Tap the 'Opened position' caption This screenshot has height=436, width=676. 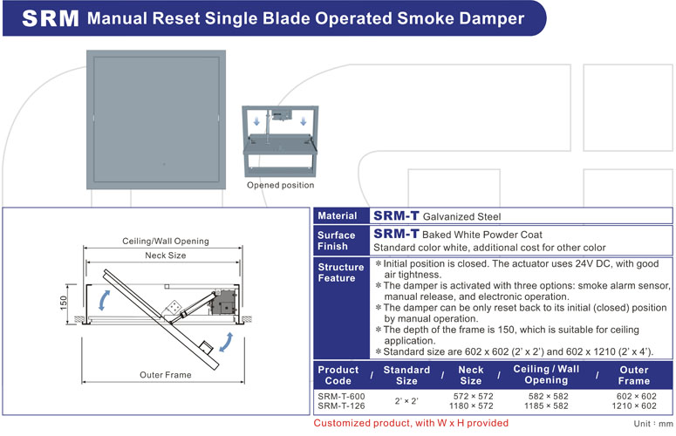pyautogui.click(x=280, y=185)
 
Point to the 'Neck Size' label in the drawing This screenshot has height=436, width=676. pyautogui.click(x=165, y=255)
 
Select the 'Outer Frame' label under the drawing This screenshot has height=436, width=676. pyautogui.click(x=165, y=375)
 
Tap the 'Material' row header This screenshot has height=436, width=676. pyautogui.click(x=337, y=216)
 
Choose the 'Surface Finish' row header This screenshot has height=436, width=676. pyautogui.click(x=337, y=241)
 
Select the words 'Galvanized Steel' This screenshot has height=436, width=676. pyautogui.click(x=462, y=216)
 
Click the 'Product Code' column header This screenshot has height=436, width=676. pyautogui.click(x=338, y=375)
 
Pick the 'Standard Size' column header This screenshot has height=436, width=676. pyautogui.click(x=406, y=375)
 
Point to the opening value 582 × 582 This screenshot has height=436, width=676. pyautogui.click(x=547, y=396)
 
